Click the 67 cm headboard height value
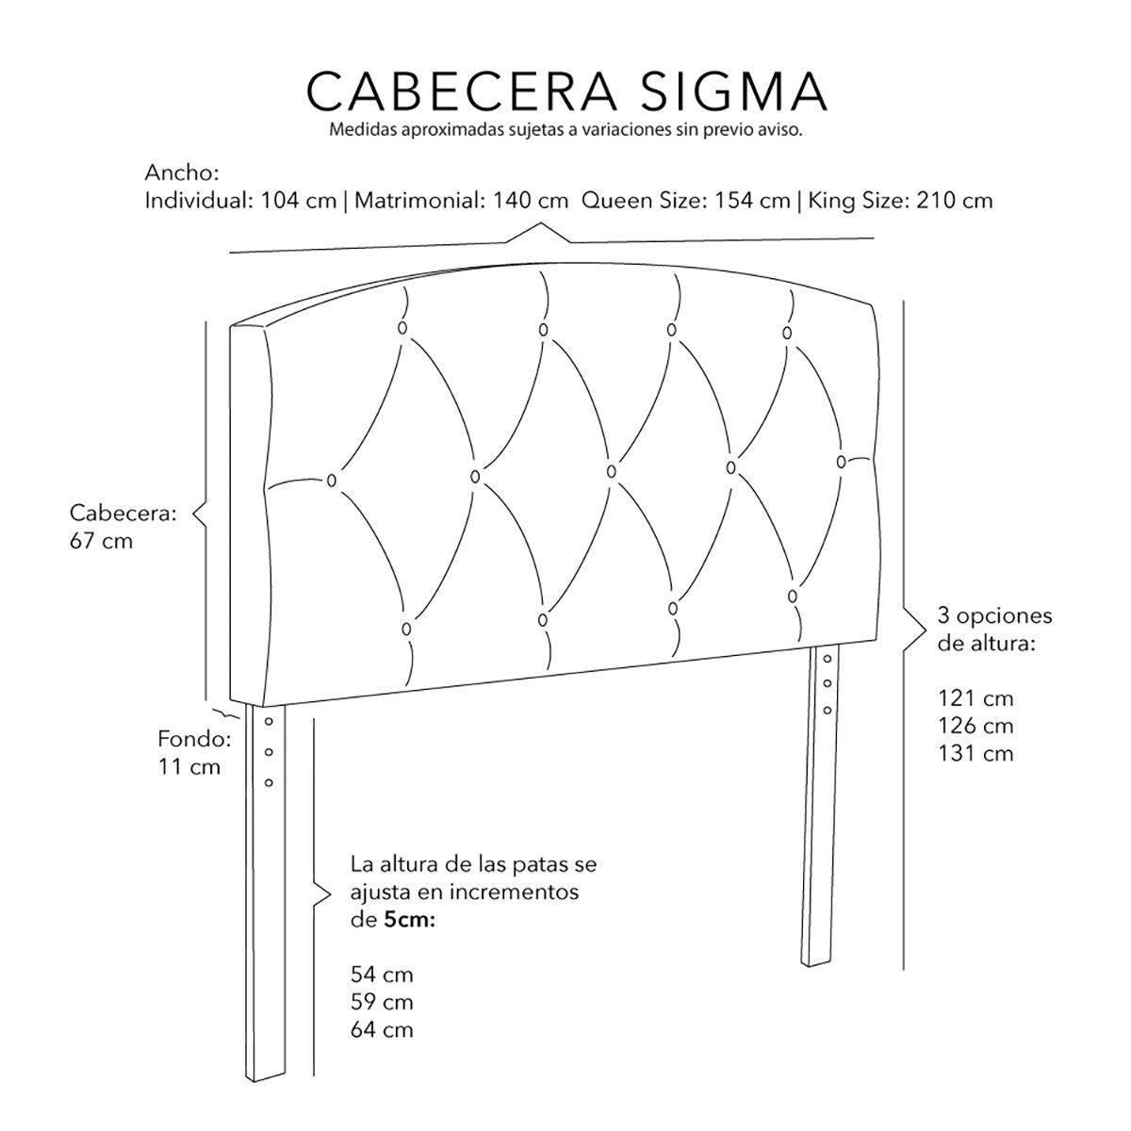point(101,542)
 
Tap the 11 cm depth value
point(188,766)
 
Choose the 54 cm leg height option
point(381,975)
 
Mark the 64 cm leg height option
point(381,1029)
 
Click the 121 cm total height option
point(975,699)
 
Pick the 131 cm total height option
point(975,754)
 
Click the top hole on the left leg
point(269,722)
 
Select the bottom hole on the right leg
point(828,710)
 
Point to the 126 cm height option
point(975,727)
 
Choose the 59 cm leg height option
point(381,1002)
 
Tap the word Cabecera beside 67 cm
point(123,514)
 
